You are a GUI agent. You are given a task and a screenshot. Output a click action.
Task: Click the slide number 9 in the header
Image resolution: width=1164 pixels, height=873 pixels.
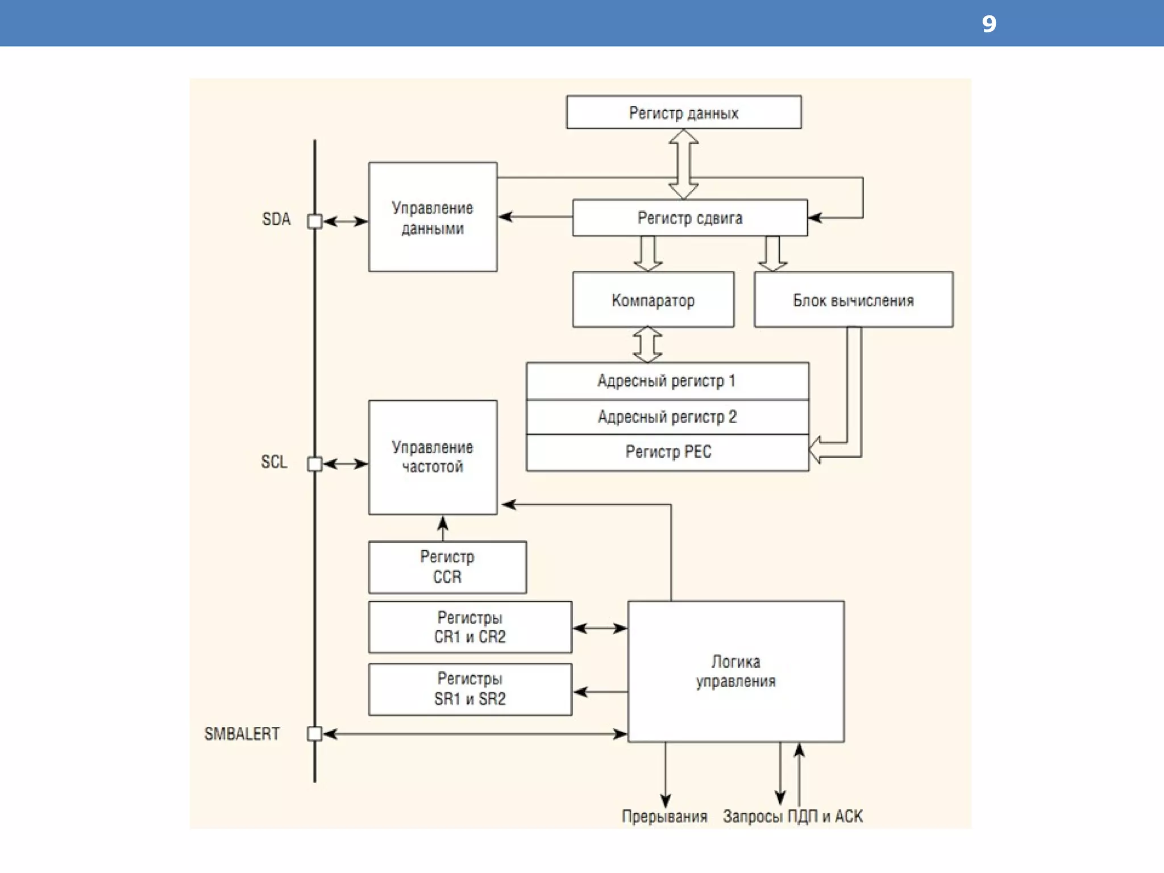point(989,24)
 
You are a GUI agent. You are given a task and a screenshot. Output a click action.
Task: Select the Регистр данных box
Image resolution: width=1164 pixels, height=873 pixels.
point(684,113)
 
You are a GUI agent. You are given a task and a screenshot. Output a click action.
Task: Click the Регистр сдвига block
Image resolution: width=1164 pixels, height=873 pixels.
point(689,218)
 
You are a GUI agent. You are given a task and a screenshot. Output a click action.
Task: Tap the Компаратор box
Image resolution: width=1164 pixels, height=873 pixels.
point(653,300)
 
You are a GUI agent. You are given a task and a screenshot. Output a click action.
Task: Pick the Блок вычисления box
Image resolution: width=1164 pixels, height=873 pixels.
point(853,300)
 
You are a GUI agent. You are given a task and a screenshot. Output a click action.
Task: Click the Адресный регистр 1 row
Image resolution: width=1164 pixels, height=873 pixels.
point(667,381)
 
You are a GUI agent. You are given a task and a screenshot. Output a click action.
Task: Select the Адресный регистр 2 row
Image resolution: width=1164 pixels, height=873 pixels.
point(667,417)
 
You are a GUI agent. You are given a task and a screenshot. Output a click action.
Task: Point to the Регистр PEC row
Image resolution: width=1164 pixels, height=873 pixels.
point(668,452)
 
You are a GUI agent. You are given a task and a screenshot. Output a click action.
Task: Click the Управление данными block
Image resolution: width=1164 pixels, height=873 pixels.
point(433,218)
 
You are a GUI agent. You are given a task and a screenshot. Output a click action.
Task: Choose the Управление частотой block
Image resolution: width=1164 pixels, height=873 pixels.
point(433,458)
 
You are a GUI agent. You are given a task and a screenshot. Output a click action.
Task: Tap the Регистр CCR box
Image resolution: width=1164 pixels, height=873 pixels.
point(447,567)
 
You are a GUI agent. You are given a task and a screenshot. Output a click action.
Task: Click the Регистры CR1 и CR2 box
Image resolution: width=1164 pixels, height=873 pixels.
point(470,627)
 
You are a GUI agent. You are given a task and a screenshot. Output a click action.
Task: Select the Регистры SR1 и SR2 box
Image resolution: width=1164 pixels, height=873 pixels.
point(470,689)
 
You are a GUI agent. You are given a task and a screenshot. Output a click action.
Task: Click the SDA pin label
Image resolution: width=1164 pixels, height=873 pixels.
point(276,219)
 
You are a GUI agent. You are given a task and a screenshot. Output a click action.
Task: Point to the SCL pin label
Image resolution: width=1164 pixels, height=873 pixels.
point(274,462)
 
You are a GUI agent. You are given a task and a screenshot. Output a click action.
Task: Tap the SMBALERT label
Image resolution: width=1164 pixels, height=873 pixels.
point(242,734)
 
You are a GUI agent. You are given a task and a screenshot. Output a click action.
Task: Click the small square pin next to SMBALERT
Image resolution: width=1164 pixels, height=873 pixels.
point(314,734)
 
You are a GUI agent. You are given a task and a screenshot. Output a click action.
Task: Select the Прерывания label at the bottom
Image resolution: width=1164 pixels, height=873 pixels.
point(664,817)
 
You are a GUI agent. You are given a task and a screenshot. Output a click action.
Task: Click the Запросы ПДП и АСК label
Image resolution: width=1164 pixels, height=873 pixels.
point(792,817)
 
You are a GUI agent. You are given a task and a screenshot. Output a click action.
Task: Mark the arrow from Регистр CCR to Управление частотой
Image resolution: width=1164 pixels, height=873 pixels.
point(443,528)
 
